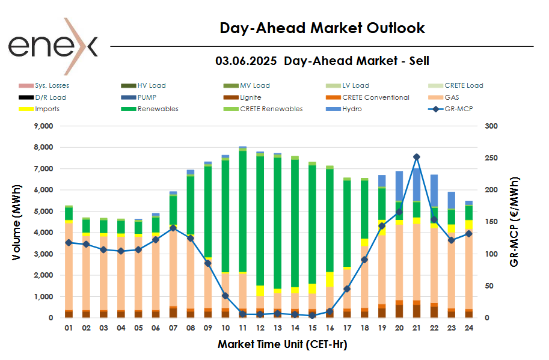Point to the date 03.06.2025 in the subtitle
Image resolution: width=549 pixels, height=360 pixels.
(245, 61)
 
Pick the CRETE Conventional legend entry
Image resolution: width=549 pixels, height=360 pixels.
(375, 97)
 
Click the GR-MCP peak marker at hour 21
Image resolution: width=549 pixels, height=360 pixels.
(416, 157)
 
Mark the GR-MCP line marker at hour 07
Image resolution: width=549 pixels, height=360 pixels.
(173, 228)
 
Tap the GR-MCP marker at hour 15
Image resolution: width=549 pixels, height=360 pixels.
(312, 316)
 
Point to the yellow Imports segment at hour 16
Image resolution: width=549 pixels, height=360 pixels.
(330, 279)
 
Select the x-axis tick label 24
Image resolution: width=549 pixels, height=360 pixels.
(468, 328)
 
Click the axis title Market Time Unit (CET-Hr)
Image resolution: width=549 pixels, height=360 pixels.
(282, 344)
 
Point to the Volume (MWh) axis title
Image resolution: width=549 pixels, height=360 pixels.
(16, 222)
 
